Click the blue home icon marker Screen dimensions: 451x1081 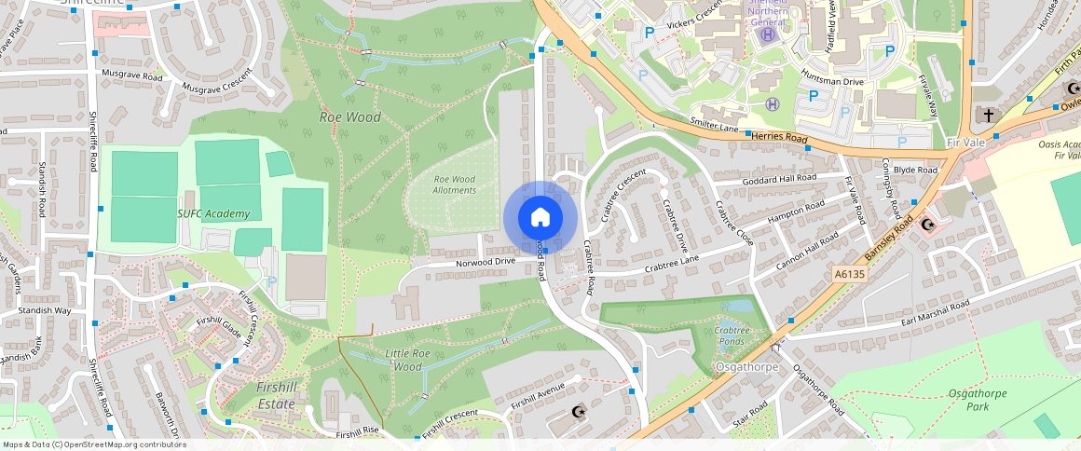(540, 218)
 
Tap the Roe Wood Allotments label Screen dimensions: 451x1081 (455, 184)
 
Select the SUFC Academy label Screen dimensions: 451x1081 (214, 214)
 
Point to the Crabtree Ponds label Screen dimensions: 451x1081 (732, 335)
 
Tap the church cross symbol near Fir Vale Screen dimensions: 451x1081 (988, 115)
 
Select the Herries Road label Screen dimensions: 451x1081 (779, 136)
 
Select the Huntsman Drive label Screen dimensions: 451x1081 (832, 82)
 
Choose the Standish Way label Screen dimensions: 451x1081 (45, 310)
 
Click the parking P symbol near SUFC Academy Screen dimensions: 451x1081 (272, 280)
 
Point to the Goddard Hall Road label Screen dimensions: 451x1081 (778, 178)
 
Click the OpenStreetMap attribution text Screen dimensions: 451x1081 (95, 444)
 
